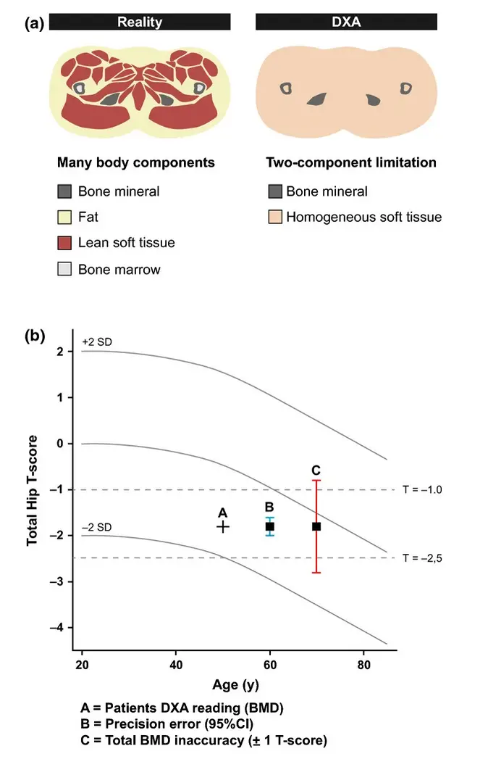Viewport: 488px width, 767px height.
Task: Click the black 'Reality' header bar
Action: [x=140, y=22]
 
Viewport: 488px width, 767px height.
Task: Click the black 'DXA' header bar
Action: [x=346, y=22]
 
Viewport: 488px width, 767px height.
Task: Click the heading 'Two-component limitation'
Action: [x=351, y=162]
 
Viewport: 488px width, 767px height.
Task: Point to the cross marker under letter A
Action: [x=223, y=526]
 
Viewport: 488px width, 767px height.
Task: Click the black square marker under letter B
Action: [x=269, y=526]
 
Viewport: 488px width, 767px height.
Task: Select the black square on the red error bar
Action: [x=316, y=526]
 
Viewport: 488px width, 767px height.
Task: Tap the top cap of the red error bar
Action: [x=316, y=480]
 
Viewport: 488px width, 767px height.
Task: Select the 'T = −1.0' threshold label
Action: [x=422, y=490]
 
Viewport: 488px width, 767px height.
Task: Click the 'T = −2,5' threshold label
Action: [x=422, y=557]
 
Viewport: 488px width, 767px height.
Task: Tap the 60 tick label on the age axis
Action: [x=269, y=666]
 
